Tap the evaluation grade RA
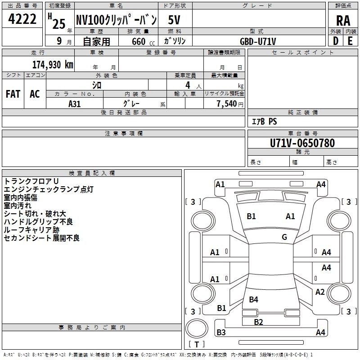click(x=343, y=21)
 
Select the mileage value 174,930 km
click(x=53, y=64)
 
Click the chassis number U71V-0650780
click(x=302, y=143)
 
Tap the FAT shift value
click(x=13, y=94)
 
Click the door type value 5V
click(x=175, y=20)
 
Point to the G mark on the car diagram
click(x=284, y=237)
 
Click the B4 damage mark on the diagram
click(x=253, y=299)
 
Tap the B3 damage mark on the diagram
click(x=221, y=333)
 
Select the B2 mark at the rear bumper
click(x=258, y=322)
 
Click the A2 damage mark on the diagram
click(x=320, y=292)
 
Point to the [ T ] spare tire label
click(x=197, y=345)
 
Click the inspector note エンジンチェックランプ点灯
click(x=49, y=189)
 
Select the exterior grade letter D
click(x=335, y=41)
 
